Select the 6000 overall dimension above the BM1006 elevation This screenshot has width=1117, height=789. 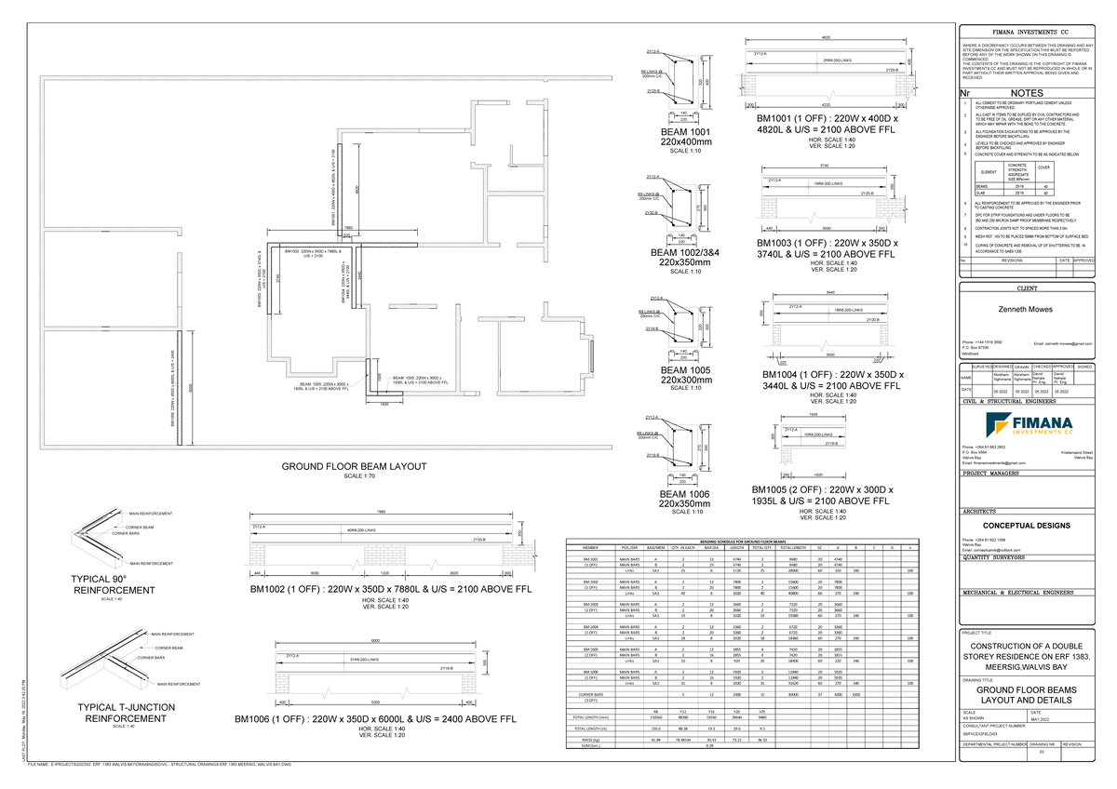(375, 641)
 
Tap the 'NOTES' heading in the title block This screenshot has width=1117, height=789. (1027, 94)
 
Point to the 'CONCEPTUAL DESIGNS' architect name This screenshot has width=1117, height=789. (1027, 524)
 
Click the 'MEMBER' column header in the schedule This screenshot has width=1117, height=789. (591, 547)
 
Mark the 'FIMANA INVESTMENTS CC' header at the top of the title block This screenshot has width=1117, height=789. (1027, 32)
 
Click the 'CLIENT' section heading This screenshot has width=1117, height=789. (1027, 289)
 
